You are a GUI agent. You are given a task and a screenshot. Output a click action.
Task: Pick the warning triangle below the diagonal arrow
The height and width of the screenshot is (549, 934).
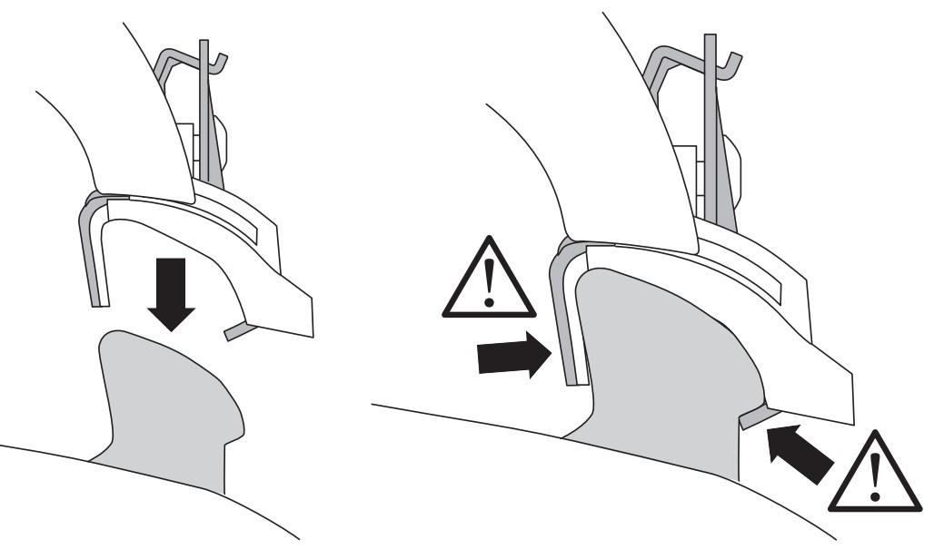[875, 472]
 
